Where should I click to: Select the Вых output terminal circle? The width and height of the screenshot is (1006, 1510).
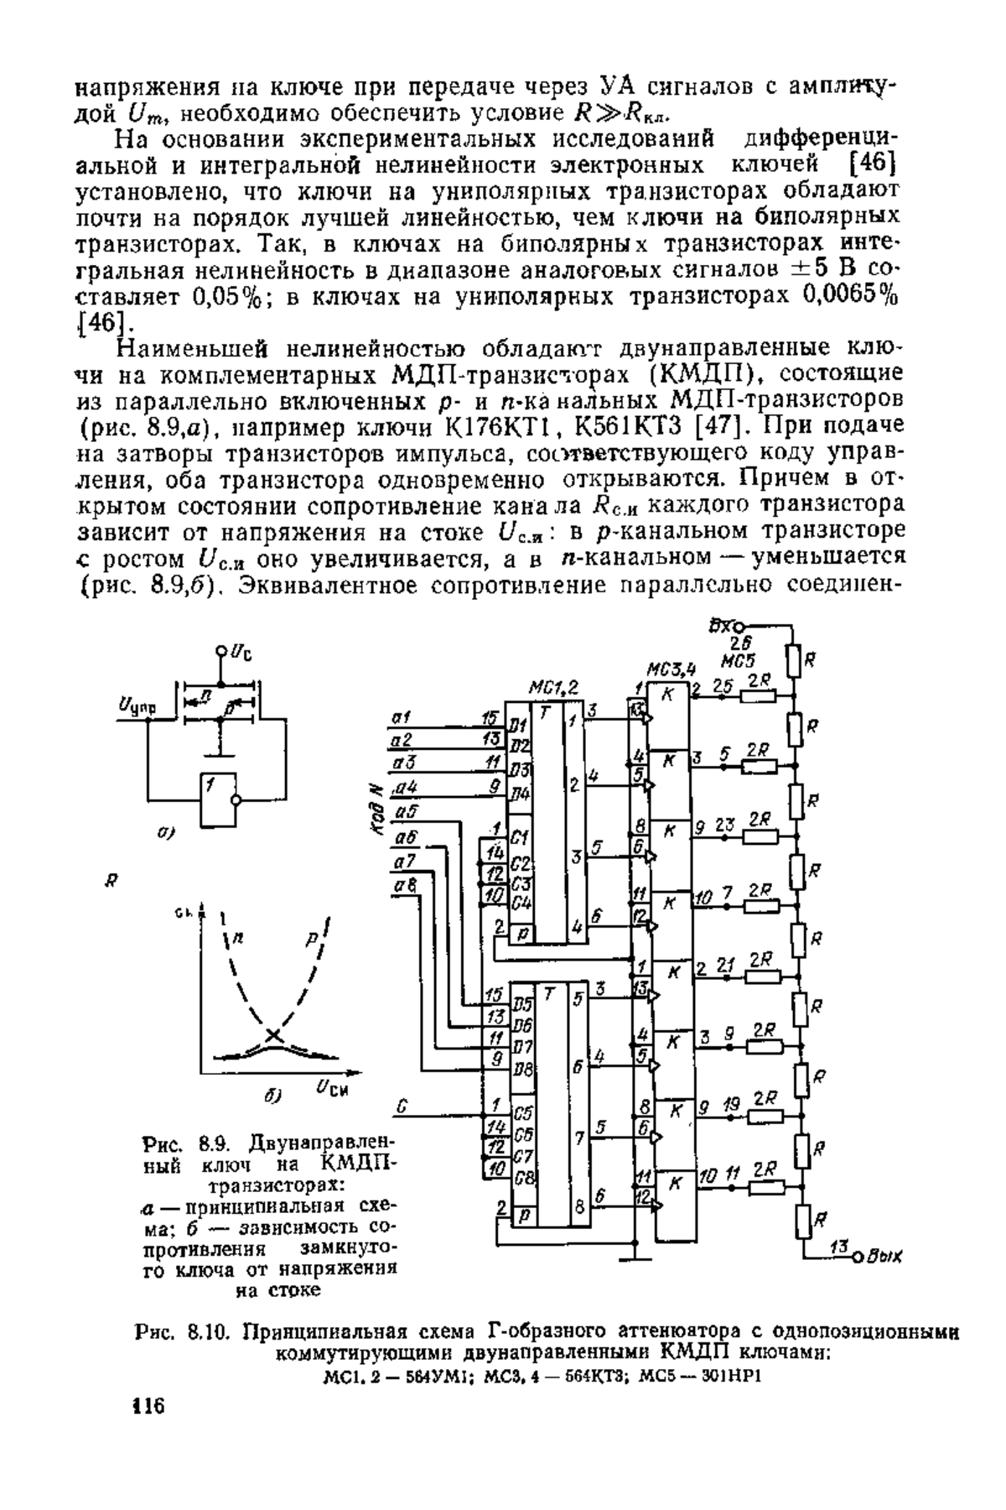(x=857, y=1257)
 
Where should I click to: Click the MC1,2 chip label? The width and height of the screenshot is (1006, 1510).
(x=554, y=688)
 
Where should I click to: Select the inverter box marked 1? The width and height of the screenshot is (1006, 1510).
(x=218, y=798)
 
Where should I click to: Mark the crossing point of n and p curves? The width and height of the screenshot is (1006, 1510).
(x=273, y=1035)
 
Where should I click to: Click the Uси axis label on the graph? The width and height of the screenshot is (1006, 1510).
(x=332, y=1087)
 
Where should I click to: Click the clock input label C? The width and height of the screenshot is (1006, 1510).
(x=402, y=1108)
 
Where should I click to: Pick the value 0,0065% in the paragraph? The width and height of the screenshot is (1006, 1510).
(x=850, y=298)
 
